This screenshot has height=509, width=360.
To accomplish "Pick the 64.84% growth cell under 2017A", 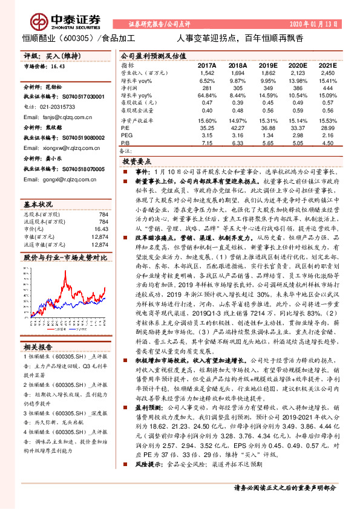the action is tap(206, 95).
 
